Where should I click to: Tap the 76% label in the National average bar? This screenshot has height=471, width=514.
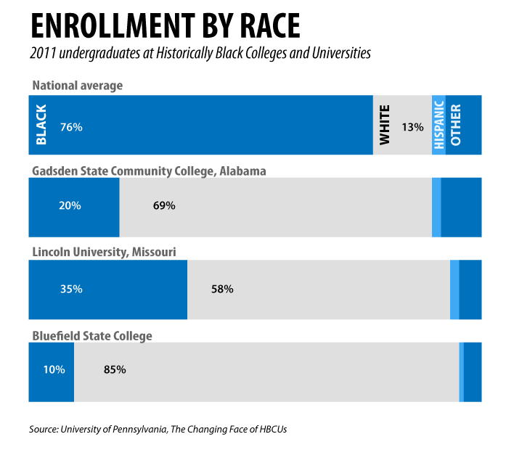point(71,127)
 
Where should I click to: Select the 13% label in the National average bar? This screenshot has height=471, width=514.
point(412,127)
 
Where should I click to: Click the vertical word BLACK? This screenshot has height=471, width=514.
point(41,125)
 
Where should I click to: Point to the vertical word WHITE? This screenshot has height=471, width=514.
point(385,125)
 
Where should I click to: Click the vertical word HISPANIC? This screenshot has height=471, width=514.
point(438,125)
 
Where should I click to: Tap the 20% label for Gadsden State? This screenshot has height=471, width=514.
point(70,205)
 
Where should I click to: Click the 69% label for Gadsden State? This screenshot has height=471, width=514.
point(164,205)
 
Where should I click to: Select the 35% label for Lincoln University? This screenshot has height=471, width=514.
point(71,289)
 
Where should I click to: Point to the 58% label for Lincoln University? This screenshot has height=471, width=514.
point(221,289)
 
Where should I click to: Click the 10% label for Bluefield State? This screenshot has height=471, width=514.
point(54,369)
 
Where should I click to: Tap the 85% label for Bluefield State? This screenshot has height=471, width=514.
point(115,369)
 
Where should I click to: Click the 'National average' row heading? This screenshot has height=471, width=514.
point(78,86)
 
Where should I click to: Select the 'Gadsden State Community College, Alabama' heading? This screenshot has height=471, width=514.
point(149,171)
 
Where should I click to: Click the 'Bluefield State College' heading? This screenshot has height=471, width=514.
point(91,335)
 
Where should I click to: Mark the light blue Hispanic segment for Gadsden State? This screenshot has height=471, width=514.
point(436,207)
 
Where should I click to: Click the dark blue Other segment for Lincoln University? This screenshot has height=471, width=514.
point(470,289)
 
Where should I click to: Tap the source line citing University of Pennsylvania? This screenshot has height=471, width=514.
point(158,429)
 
